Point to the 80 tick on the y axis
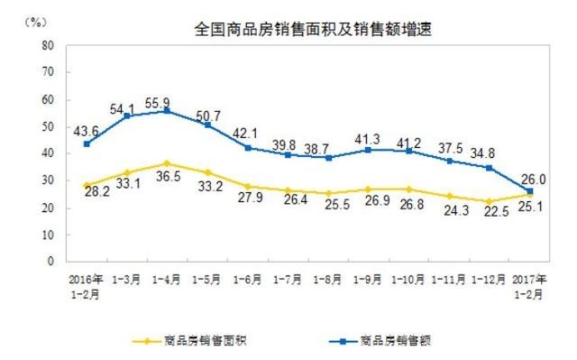pos(49,44)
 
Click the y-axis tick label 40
pos(49,153)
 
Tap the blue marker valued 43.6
pos(87,143)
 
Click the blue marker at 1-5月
pos(207,125)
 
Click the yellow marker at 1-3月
pos(127,172)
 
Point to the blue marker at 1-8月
pos(329,157)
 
